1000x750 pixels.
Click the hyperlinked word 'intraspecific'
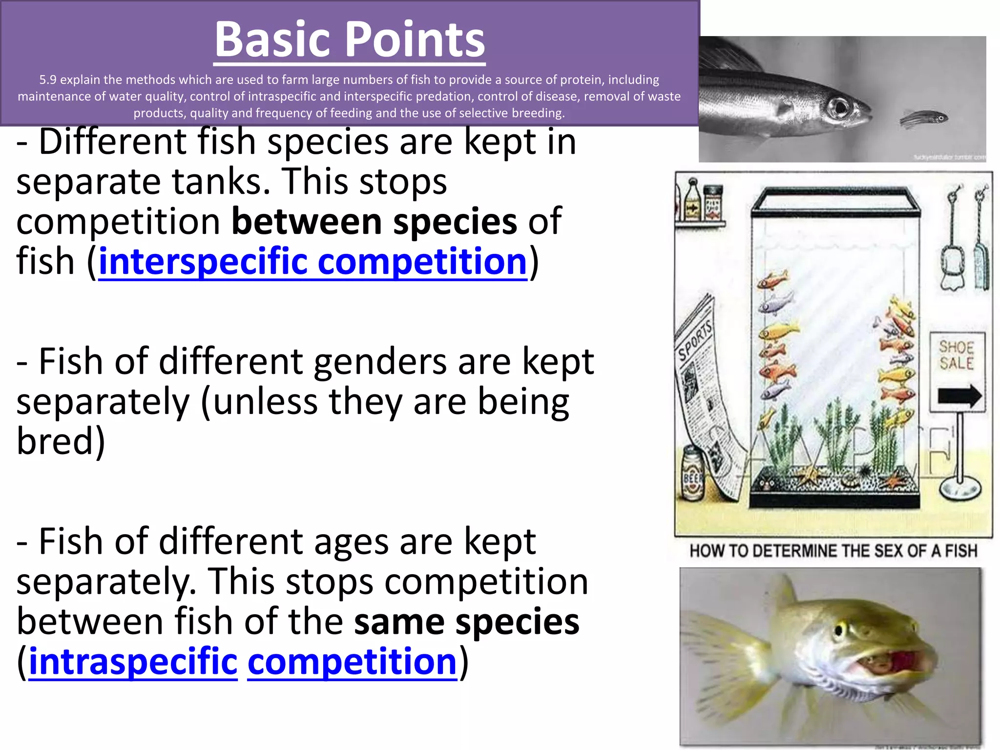(133, 662)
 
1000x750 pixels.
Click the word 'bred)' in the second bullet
(61, 441)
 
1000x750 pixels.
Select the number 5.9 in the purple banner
(48, 80)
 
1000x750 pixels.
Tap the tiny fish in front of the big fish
(924, 118)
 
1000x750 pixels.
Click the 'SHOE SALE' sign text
(956, 355)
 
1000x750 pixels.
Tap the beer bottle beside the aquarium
(693, 474)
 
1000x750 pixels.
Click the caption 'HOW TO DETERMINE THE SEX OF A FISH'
(833, 551)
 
